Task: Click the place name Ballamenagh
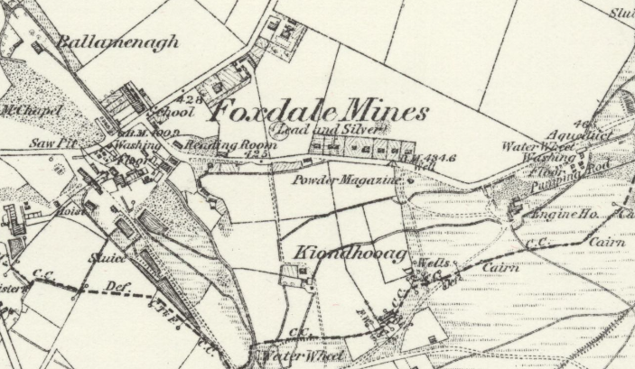(x=118, y=42)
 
